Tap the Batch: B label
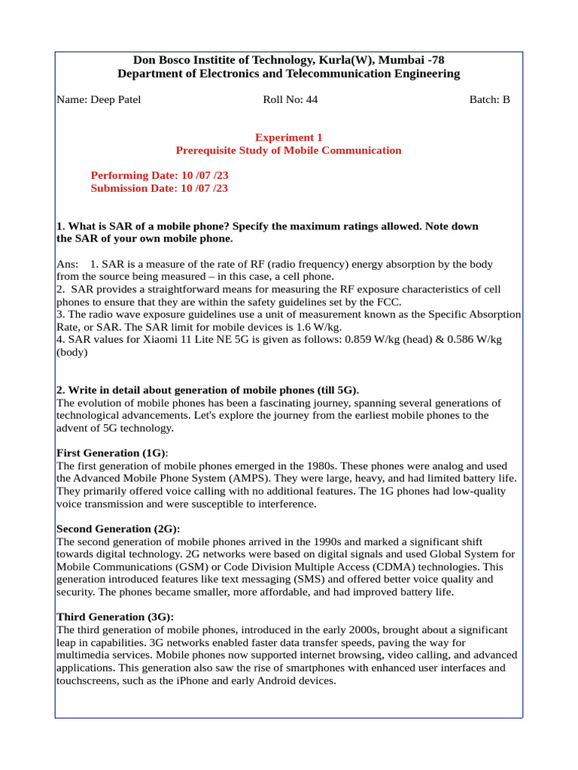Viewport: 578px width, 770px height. click(489, 99)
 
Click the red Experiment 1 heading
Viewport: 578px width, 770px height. click(288, 138)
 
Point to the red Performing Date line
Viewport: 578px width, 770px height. click(159, 175)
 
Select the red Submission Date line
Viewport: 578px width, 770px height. click(159, 188)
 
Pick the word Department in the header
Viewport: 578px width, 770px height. click(149, 73)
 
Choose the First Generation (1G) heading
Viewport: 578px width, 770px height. click(111, 453)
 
